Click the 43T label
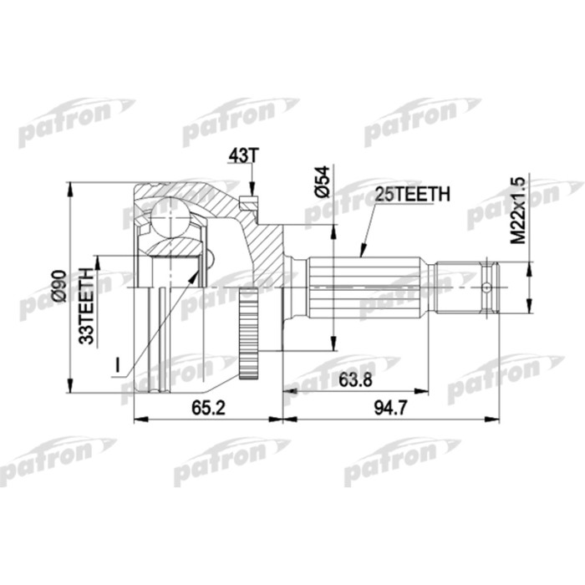(239, 156)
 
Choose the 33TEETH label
(84, 300)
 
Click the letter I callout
(120, 364)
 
